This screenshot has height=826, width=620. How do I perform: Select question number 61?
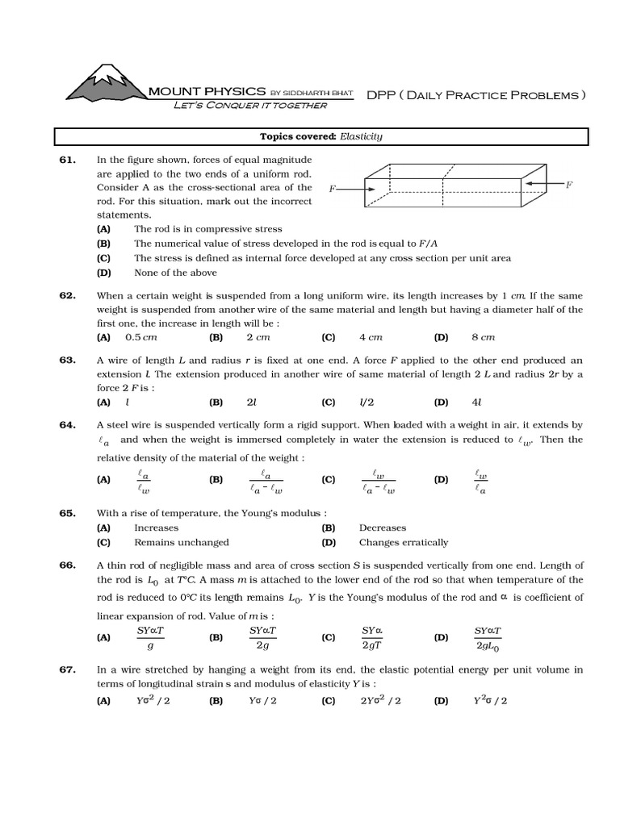tap(67, 160)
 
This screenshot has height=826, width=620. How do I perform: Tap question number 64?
tap(67, 424)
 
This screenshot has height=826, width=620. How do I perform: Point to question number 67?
tap(67, 670)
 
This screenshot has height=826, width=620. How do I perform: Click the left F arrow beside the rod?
tap(348, 188)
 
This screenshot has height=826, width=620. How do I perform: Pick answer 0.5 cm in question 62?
tap(140, 337)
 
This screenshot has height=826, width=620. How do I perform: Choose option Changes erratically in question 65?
tap(403, 542)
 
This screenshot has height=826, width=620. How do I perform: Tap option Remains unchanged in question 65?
tap(181, 542)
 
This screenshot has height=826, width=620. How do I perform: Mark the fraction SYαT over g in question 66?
tap(150, 637)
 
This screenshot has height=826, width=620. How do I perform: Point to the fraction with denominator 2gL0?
tap(488, 637)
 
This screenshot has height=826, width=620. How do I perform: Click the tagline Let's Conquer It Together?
tap(250, 106)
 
